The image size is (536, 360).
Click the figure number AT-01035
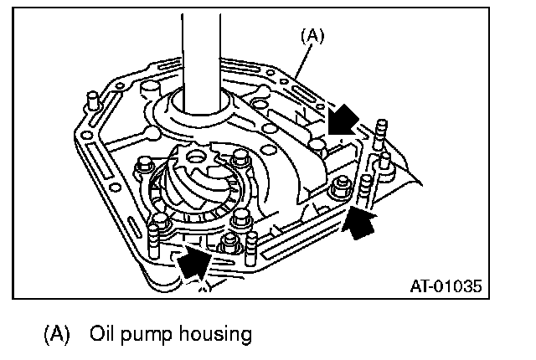[446, 285]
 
